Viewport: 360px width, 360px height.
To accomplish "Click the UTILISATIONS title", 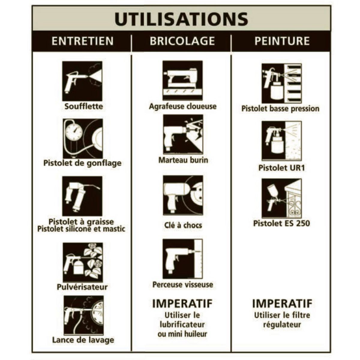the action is click(x=181, y=19).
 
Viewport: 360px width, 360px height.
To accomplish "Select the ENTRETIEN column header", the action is click(x=82, y=41).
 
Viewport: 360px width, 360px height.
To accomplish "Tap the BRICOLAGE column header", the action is click(x=182, y=41).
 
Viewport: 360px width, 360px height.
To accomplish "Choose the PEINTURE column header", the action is click(x=282, y=41).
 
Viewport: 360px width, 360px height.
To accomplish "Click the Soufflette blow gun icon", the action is click(x=82, y=81).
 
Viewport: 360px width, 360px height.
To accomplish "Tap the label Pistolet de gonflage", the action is click(x=82, y=163).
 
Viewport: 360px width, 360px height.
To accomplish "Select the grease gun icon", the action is click(x=82, y=196).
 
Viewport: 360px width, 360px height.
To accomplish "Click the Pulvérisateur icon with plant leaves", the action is click(x=82, y=262).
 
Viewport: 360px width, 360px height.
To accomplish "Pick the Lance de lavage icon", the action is click(x=83, y=316).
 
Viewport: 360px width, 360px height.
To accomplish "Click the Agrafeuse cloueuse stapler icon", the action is click(x=182, y=80).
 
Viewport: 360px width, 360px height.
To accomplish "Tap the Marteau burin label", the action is click(x=183, y=160).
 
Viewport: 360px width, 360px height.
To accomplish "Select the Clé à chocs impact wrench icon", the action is click(x=183, y=195).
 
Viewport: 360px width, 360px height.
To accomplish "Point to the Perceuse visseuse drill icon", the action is click(x=182, y=259).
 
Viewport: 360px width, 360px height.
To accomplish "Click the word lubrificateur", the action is click(x=182, y=325).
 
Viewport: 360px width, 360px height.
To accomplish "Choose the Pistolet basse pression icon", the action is click(x=281, y=83).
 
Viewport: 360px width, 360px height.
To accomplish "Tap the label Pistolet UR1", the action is click(x=281, y=168).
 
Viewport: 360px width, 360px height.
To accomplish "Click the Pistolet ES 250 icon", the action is click(x=281, y=198).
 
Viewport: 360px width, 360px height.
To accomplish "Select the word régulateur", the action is click(x=282, y=325).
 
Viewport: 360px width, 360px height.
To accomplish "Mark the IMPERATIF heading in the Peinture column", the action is click(x=282, y=304).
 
